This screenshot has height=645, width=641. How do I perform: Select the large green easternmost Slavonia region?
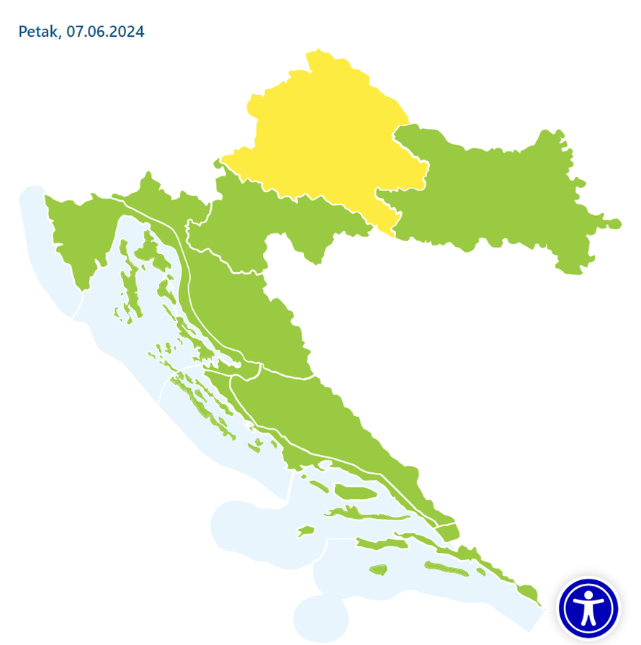pos(497,194)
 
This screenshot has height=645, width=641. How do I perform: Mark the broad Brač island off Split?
pos(356,492)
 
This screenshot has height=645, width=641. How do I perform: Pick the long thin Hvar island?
pos(360,513)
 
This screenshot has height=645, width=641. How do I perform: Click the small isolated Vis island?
pos(306,531)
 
